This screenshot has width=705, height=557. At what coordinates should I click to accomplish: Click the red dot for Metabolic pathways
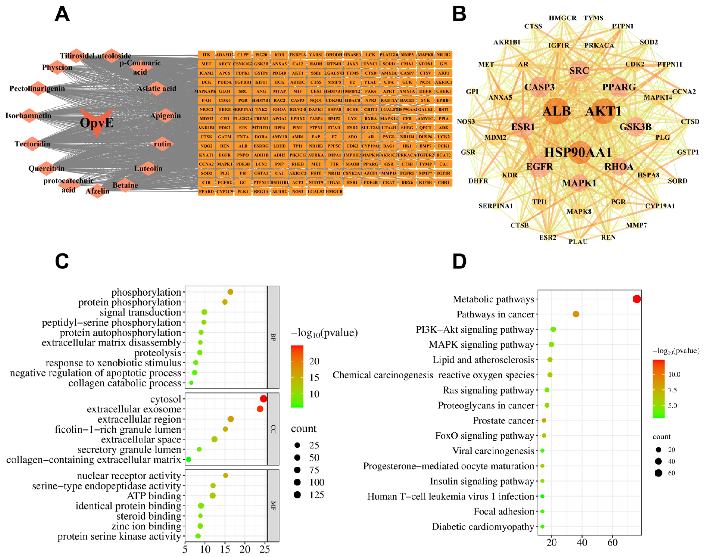tap(636, 299)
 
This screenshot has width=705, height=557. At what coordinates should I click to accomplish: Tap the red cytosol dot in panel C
tap(263, 399)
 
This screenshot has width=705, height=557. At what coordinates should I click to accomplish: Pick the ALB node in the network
tap(557, 111)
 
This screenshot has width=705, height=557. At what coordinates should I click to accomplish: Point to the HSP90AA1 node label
tap(578, 152)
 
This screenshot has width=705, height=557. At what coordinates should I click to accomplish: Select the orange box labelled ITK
tap(206, 55)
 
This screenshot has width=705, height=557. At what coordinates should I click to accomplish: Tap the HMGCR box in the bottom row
tap(334, 191)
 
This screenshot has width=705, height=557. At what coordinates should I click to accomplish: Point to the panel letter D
tap(459, 261)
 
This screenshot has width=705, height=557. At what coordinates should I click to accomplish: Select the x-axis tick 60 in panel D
tap(612, 543)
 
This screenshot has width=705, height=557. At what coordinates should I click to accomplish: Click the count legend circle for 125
tap(297, 495)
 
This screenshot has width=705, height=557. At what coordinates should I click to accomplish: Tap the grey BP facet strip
tap(273, 337)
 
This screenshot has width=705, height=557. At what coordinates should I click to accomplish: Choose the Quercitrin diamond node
tap(47, 168)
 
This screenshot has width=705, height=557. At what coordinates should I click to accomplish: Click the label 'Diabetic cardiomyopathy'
tap(483, 527)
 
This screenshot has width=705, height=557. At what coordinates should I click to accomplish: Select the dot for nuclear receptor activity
tap(225, 475)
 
